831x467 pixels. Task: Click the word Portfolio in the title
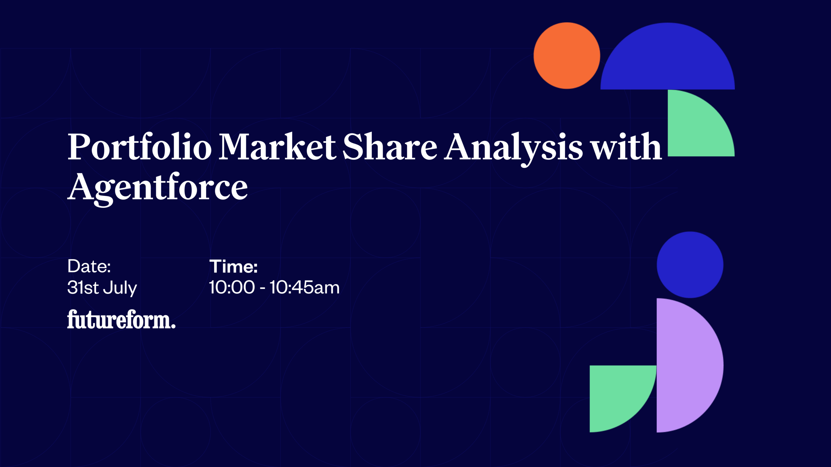[139, 147]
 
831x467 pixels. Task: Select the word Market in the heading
[278, 146]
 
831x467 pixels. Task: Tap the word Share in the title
[390, 146]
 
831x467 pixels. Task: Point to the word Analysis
[514, 149]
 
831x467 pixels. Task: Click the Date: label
[89, 266]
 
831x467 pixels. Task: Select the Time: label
[234, 267]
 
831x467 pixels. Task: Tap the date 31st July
[102, 288]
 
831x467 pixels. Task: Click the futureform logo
[121, 319]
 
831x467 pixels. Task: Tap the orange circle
[567, 55]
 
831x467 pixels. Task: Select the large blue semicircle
[668, 58]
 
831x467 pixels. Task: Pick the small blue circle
[690, 265]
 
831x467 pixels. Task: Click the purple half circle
[687, 365]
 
